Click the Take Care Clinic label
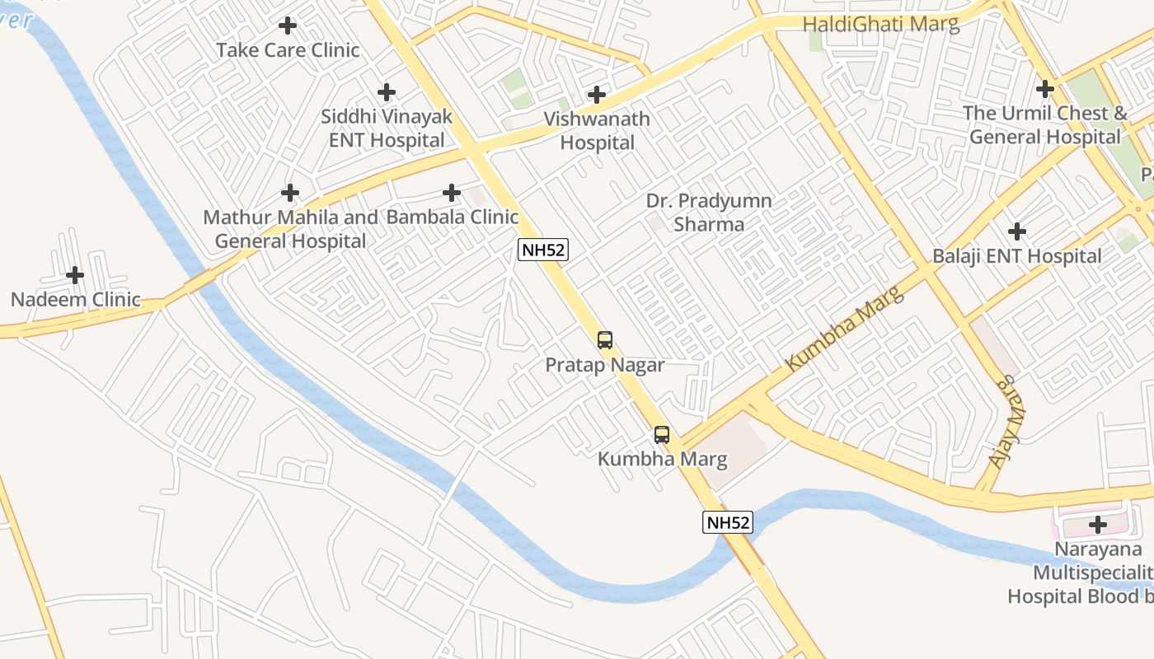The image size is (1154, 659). pos(288,50)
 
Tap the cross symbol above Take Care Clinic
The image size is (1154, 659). pos(288,26)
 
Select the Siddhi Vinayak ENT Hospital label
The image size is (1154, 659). pos(387,129)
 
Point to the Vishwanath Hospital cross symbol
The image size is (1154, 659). pos(597,95)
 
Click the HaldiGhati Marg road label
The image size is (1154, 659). pos(880,24)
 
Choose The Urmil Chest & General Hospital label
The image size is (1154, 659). pos(1045,124)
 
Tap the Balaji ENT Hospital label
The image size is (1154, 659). pos(1016,256)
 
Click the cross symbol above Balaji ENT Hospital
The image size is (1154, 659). pos(1017,231)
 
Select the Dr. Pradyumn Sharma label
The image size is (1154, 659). pos(709,213)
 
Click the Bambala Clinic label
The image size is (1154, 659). pos(453,217)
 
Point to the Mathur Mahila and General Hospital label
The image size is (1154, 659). pos(290,229)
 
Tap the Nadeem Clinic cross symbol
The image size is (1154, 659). pos(75,274)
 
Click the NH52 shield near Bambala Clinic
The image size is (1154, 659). pos(543,250)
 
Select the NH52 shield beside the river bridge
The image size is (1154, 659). pos(728,522)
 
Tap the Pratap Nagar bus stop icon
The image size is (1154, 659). pos(605,339)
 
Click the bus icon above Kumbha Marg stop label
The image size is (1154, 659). pos(662,435)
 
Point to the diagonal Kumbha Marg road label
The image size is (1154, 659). pos(845,328)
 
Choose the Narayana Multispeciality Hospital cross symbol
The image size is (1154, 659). pos(1097,524)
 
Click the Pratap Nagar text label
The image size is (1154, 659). pos(605,365)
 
